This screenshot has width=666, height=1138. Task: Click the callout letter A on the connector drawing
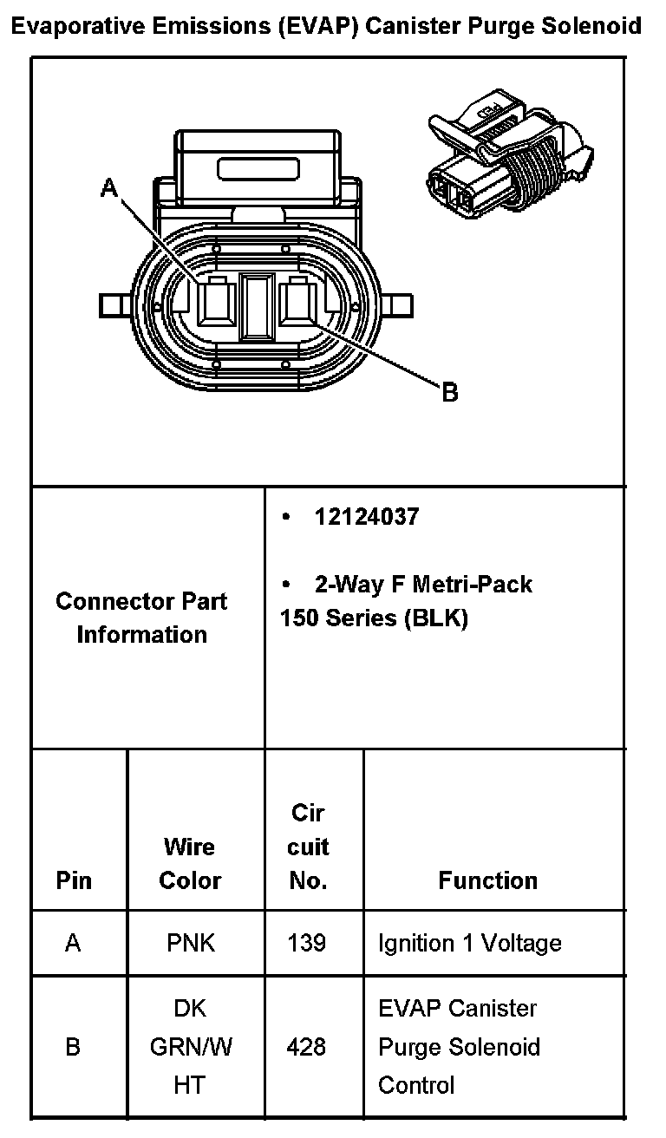point(109,186)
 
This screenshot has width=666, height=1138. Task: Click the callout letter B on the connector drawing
point(450,393)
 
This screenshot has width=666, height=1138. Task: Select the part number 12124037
point(367,517)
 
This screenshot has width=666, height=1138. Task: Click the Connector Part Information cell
point(141,618)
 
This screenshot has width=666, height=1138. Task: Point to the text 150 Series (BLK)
point(374,619)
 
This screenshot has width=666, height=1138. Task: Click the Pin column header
point(74,880)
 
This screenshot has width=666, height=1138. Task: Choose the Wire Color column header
point(190,863)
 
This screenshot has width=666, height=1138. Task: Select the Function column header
point(487,880)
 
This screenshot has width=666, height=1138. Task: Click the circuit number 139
point(307,943)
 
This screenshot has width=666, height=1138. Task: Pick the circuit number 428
point(307,1047)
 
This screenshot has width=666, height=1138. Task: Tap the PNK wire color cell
point(191,943)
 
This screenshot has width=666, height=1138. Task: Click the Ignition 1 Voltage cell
point(469,943)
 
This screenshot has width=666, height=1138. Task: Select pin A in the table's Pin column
point(73,943)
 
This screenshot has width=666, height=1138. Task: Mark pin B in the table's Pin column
point(73,1047)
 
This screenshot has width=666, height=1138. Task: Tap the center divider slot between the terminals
point(257,305)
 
